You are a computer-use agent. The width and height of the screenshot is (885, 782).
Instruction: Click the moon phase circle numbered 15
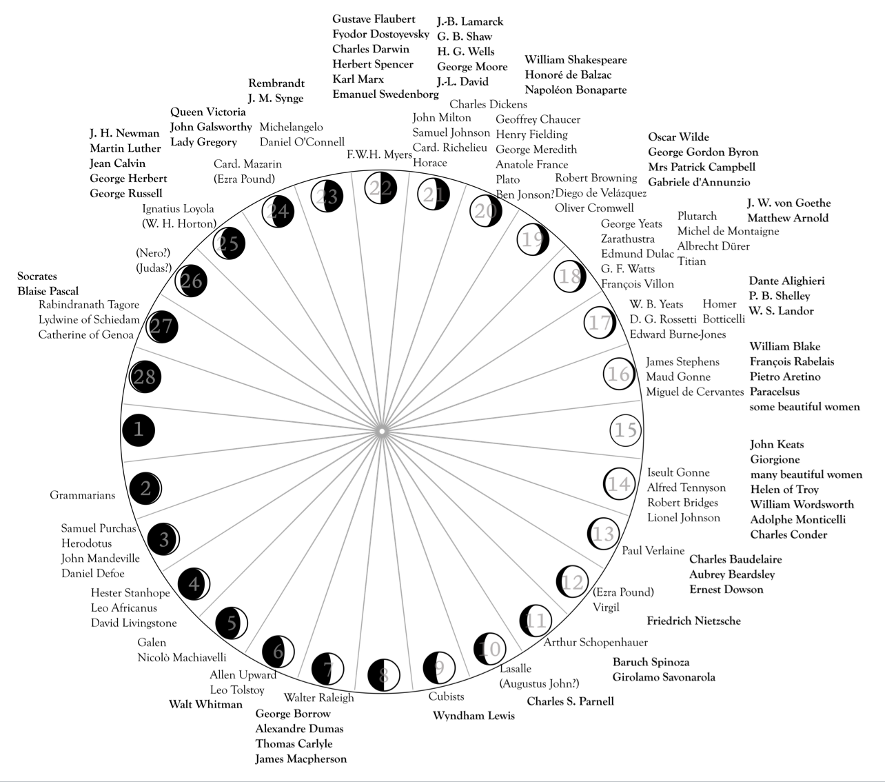point(625,430)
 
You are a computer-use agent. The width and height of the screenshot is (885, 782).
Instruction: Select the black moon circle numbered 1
point(139,430)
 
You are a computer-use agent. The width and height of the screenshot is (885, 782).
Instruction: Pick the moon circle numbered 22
point(380,187)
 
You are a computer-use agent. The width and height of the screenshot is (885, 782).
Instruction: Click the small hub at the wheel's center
point(381,431)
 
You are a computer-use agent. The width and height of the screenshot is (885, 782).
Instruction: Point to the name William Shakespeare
point(576,60)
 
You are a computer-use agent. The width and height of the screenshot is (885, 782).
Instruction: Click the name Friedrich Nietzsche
point(693,621)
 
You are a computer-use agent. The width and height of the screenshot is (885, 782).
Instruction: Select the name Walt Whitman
point(205,704)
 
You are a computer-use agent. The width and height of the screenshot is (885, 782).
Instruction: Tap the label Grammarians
point(83,495)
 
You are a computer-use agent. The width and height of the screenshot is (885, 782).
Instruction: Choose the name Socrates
point(37,276)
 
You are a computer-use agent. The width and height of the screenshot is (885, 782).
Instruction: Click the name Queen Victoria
point(207,112)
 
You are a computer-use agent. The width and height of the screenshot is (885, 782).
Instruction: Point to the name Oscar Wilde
point(678,137)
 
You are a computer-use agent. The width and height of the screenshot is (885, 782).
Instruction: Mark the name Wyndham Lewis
point(474,715)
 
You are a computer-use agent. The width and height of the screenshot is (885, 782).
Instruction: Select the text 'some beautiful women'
point(804,406)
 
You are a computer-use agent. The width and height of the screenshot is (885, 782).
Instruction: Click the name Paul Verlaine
point(653,550)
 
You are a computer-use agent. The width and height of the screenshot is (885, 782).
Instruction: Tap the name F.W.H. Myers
point(379,154)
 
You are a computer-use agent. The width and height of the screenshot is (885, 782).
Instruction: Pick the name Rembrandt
point(276,83)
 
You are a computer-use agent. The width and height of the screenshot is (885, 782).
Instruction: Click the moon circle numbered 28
point(145,377)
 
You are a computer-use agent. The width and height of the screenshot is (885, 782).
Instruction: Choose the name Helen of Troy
point(784,489)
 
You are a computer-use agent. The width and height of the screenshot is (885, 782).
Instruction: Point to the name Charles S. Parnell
point(570,701)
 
